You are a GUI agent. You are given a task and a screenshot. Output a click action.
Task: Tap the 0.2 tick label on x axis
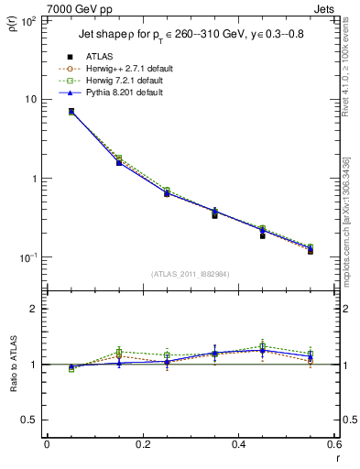tap(142, 446)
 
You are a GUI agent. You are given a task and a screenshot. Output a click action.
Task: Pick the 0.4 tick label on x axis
tap(237, 446)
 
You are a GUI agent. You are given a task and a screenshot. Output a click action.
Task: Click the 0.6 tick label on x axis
tap(333, 446)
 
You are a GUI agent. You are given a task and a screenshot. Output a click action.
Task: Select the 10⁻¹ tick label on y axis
tap(29, 257)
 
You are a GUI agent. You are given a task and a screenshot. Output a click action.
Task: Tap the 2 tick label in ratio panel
tap(34, 309)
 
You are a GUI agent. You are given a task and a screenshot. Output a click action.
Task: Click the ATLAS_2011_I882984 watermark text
tap(191, 273)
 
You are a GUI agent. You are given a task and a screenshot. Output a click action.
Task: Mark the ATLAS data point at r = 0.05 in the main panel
tap(71, 112)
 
